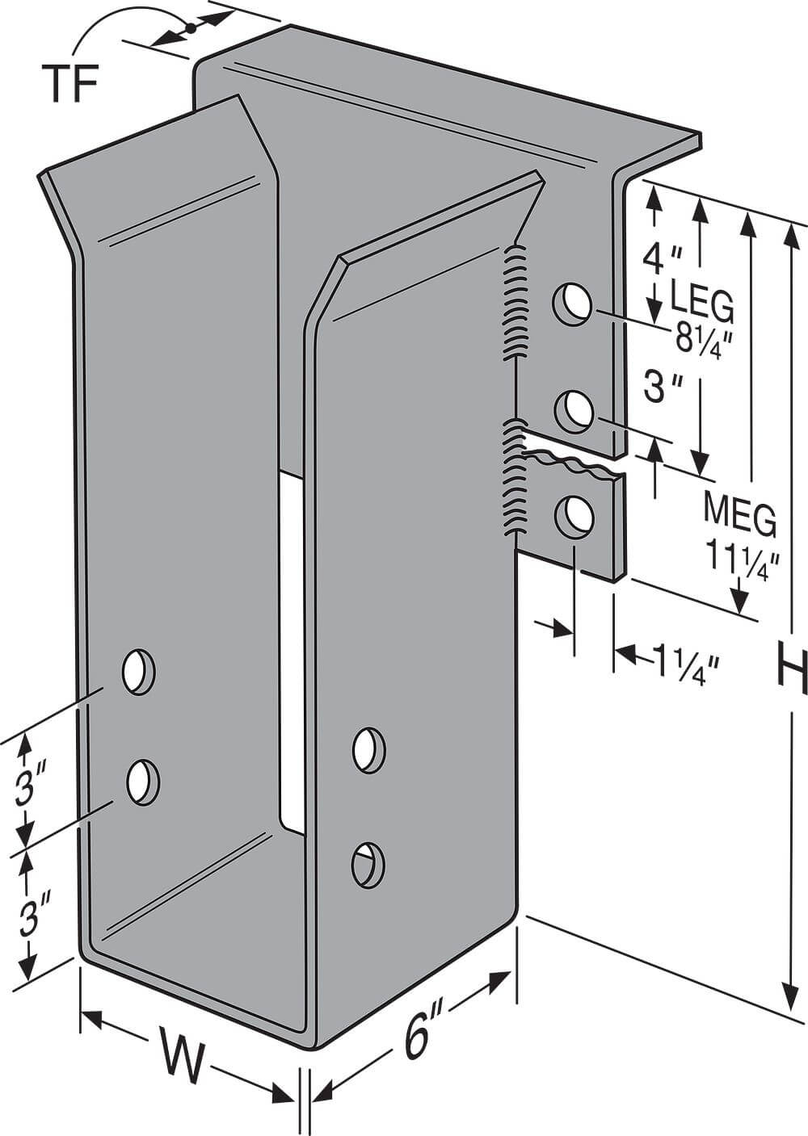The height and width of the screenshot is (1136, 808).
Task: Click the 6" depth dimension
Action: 419,1033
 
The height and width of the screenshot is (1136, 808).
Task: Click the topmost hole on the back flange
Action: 570,304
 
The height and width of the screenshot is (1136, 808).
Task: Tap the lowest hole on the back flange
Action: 574,515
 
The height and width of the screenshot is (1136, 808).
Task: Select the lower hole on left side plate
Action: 143,781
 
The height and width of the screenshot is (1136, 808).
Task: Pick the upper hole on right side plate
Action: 368,749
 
